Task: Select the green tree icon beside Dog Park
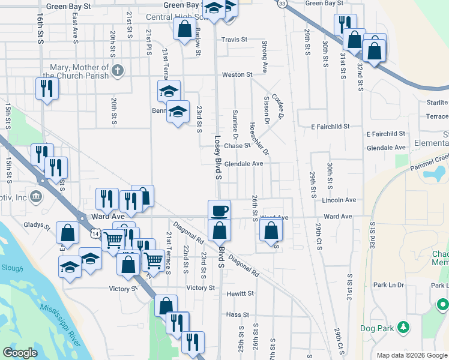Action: tap(405, 328)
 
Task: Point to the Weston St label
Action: tap(237, 74)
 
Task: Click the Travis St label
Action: tap(234, 40)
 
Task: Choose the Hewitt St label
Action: tap(240, 294)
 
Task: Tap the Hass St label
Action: tap(238, 314)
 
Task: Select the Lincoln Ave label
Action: tap(339, 200)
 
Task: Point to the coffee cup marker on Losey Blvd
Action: tap(219, 210)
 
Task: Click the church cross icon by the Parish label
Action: tap(118, 70)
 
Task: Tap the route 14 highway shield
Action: tap(95, 233)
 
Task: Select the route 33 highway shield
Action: tap(282, 4)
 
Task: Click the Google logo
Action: tap(20, 353)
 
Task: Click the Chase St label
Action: tap(237, 146)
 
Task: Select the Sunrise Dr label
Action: tap(235, 124)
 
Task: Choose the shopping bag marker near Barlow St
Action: tap(184, 28)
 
